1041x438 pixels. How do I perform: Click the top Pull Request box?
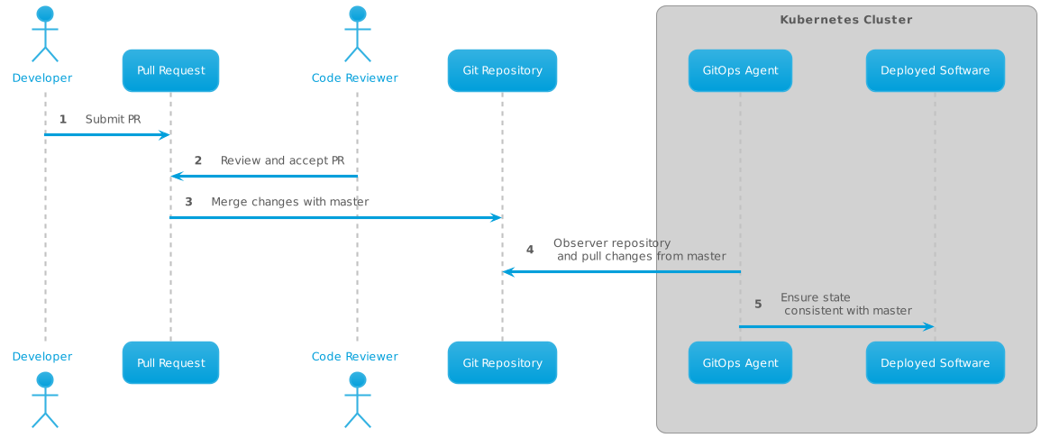(x=170, y=70)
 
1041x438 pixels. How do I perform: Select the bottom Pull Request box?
(x=170, y=363)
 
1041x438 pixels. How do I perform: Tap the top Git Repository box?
(x=502, y=70)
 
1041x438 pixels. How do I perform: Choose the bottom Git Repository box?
(x=502, y=363)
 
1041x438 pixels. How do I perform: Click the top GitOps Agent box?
(x=740, y=70)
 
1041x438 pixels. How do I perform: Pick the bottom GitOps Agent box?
(x=740, y=363)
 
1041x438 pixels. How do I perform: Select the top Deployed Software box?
(x=935, y=70)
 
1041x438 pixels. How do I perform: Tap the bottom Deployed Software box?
(x=935, y=363)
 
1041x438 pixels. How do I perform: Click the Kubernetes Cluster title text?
(x=845, y=20)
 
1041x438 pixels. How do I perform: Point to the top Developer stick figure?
(x=43, y=34)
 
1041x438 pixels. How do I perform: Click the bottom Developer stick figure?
(x=43, y=398)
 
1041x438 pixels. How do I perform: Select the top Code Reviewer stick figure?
(x=357, y=34)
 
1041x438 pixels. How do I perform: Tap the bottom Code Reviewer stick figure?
(x=357, y=398)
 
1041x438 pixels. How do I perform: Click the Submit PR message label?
(x=113, y=119)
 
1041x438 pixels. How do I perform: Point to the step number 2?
(x=198, y=160)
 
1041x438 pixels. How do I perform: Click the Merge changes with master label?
(x=289, y=202)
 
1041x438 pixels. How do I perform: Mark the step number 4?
(x=530, y=250)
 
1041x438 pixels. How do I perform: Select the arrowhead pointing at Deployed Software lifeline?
(x=929, y=326)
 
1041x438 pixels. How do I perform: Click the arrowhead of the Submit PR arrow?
(x=165, y=134)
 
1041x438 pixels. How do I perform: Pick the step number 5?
(x=758, y=305)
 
